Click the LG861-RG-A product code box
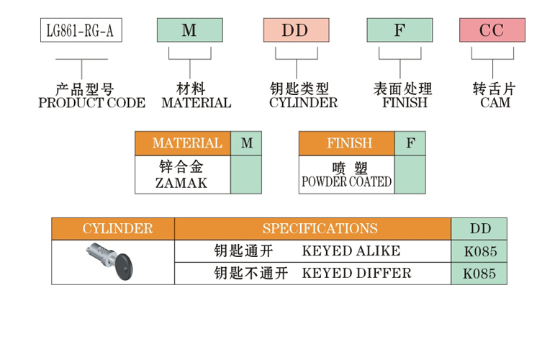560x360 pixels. [81, 30]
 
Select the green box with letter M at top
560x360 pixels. [189, 30]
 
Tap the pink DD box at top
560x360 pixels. [296, 30]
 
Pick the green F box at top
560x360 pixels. [399, 30]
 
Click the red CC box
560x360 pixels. [492, 30]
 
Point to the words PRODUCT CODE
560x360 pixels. [91, 103]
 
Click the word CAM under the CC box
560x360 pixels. [494, 103]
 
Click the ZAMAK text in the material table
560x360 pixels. [181, 183]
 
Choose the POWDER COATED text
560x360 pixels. [346, 182]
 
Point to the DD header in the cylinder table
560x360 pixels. [480, 229]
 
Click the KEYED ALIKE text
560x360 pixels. [351, 251]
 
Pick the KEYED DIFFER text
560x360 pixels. [356, 273]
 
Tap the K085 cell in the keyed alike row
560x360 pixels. [479, 252]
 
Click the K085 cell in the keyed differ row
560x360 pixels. [479, 274]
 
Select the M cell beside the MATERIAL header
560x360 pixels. [246, 143]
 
